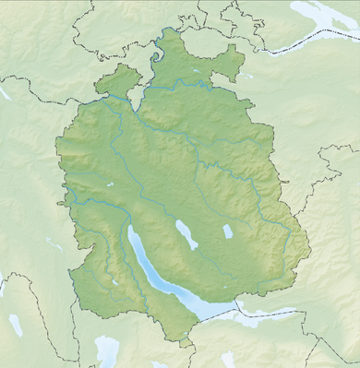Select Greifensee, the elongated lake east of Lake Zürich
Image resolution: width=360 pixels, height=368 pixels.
click(x=186, y=234)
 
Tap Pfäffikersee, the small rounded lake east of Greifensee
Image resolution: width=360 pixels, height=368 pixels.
click(x=227, y=231)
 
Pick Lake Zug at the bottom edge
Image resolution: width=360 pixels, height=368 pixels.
click(x=107, y=350)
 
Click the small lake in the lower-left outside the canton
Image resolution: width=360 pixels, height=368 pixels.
click(x=16, y=325)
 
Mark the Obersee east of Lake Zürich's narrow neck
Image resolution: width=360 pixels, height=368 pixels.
click(x=249, y=315)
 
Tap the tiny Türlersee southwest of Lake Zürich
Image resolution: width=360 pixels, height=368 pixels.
click(x=113, y=280)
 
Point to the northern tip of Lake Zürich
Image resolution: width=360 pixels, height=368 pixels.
click(x=129, y=228)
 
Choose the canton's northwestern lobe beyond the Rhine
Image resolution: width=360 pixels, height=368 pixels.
click(x=115, y=81)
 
